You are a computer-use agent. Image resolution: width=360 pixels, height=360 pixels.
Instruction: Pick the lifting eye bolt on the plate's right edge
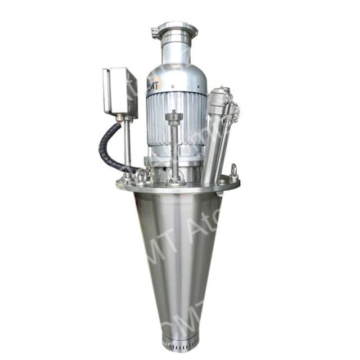coord(233,171)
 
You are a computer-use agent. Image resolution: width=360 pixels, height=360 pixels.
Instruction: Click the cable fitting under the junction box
coord(120,119)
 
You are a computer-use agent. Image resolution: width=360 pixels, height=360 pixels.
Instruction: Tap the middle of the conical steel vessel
coord(179,253)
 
